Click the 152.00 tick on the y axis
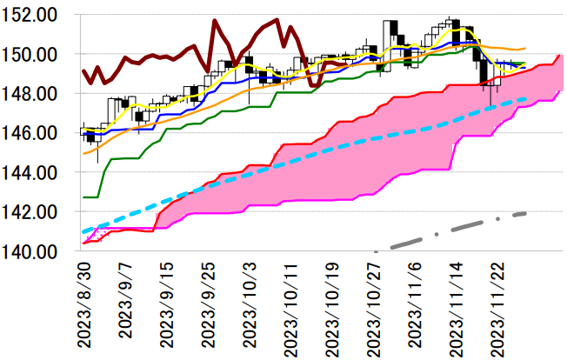click(34, 15)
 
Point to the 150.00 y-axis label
click(34, 54)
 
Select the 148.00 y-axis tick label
click(34, 93)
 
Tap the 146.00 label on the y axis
click(34, 133)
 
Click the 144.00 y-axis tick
click(34, 172)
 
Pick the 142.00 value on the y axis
click(34, 211)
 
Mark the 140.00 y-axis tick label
click(34, 251)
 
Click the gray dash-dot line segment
click(452, 230)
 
